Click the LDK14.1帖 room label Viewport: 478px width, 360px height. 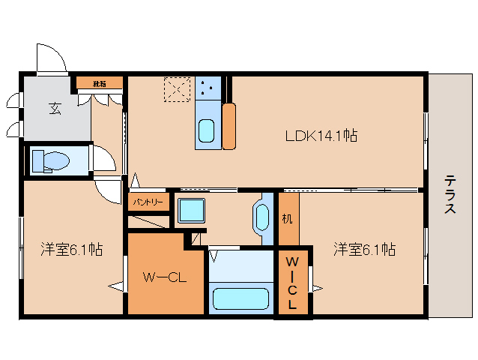(320, 136)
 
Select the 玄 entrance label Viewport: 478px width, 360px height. (55, 108)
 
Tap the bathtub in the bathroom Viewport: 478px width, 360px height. (240, 298)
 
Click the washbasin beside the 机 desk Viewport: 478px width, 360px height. (262, 217)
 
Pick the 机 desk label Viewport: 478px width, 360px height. (288, 219)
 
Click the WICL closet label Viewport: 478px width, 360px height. (293, 283)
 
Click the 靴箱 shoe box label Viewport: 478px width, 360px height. (99, 83)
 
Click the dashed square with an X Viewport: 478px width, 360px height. (178, 90)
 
